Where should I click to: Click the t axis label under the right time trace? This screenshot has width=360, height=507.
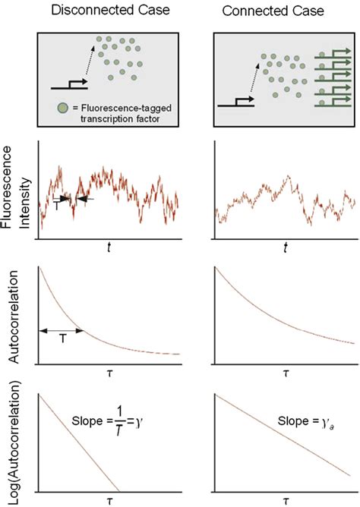[285, 247]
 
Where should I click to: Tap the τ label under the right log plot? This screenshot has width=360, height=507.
[285, 502]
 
